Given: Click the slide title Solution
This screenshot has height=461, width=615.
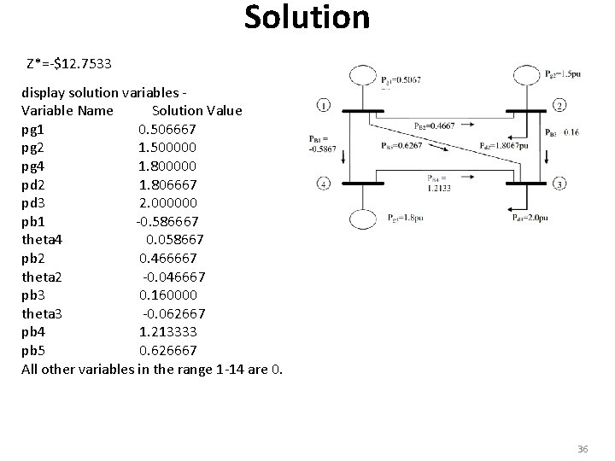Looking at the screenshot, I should point(307,18).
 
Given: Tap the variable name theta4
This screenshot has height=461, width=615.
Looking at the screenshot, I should point(47,240).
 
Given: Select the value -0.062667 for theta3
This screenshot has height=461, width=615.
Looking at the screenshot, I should point(173,313).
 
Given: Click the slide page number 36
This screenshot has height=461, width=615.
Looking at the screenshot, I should point(583,448).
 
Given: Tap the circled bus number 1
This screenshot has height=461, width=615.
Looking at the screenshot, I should point(324,106).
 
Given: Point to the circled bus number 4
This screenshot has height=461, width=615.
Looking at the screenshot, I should point(324,184).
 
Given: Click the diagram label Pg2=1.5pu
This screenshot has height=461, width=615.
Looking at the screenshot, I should point(565,74).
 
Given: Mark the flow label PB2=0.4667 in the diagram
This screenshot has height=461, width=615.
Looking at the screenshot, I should point(435,127).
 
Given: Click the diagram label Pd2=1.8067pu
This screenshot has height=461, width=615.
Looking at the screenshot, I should point(506,145).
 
